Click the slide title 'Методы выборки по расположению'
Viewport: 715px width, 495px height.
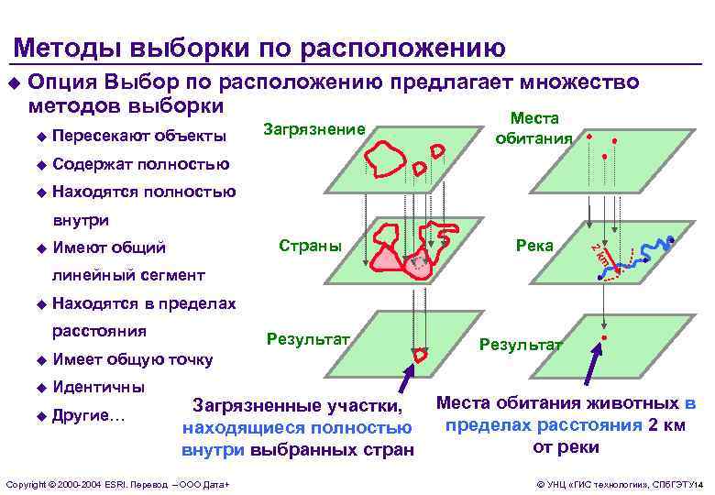[259, 47]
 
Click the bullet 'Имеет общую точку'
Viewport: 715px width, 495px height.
[133, 359]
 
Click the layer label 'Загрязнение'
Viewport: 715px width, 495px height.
[313, 129]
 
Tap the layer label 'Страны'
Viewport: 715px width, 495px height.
[309, 245]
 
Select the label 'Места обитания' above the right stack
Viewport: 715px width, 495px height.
[534, 128]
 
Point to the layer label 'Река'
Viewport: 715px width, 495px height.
[535, 245]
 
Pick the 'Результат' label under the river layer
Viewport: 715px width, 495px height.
[520, 344]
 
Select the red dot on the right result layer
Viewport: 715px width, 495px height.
[604, 340]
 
